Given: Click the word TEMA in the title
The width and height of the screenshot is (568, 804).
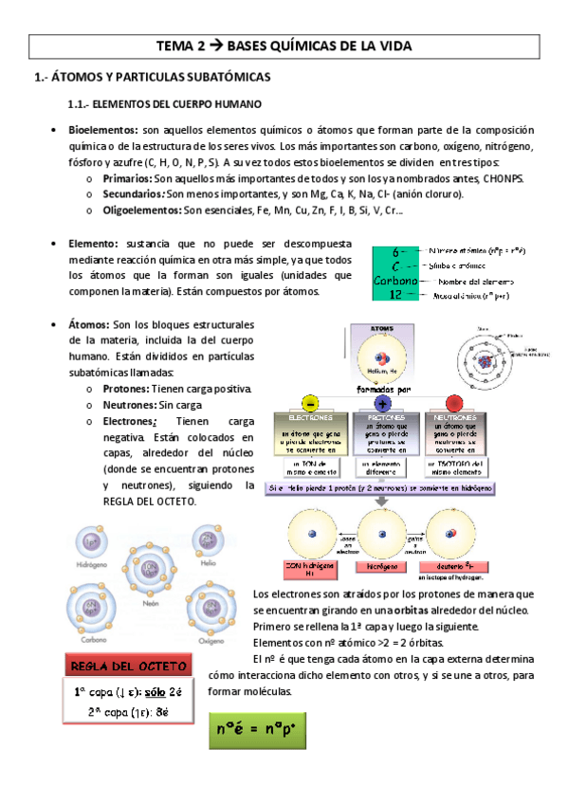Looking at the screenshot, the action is [x=174, y=46].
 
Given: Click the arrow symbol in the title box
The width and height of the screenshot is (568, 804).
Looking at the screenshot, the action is [x=219, y=46].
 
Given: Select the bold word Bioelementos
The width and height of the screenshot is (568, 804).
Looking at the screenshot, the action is [x=102, y=129].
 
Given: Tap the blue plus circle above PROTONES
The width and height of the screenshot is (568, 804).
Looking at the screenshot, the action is [x=385, y=401].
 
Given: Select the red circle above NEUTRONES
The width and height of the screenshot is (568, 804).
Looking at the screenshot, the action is [x=453, y=401].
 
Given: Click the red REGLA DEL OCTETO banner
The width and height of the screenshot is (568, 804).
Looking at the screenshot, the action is [x=122, y=665].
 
